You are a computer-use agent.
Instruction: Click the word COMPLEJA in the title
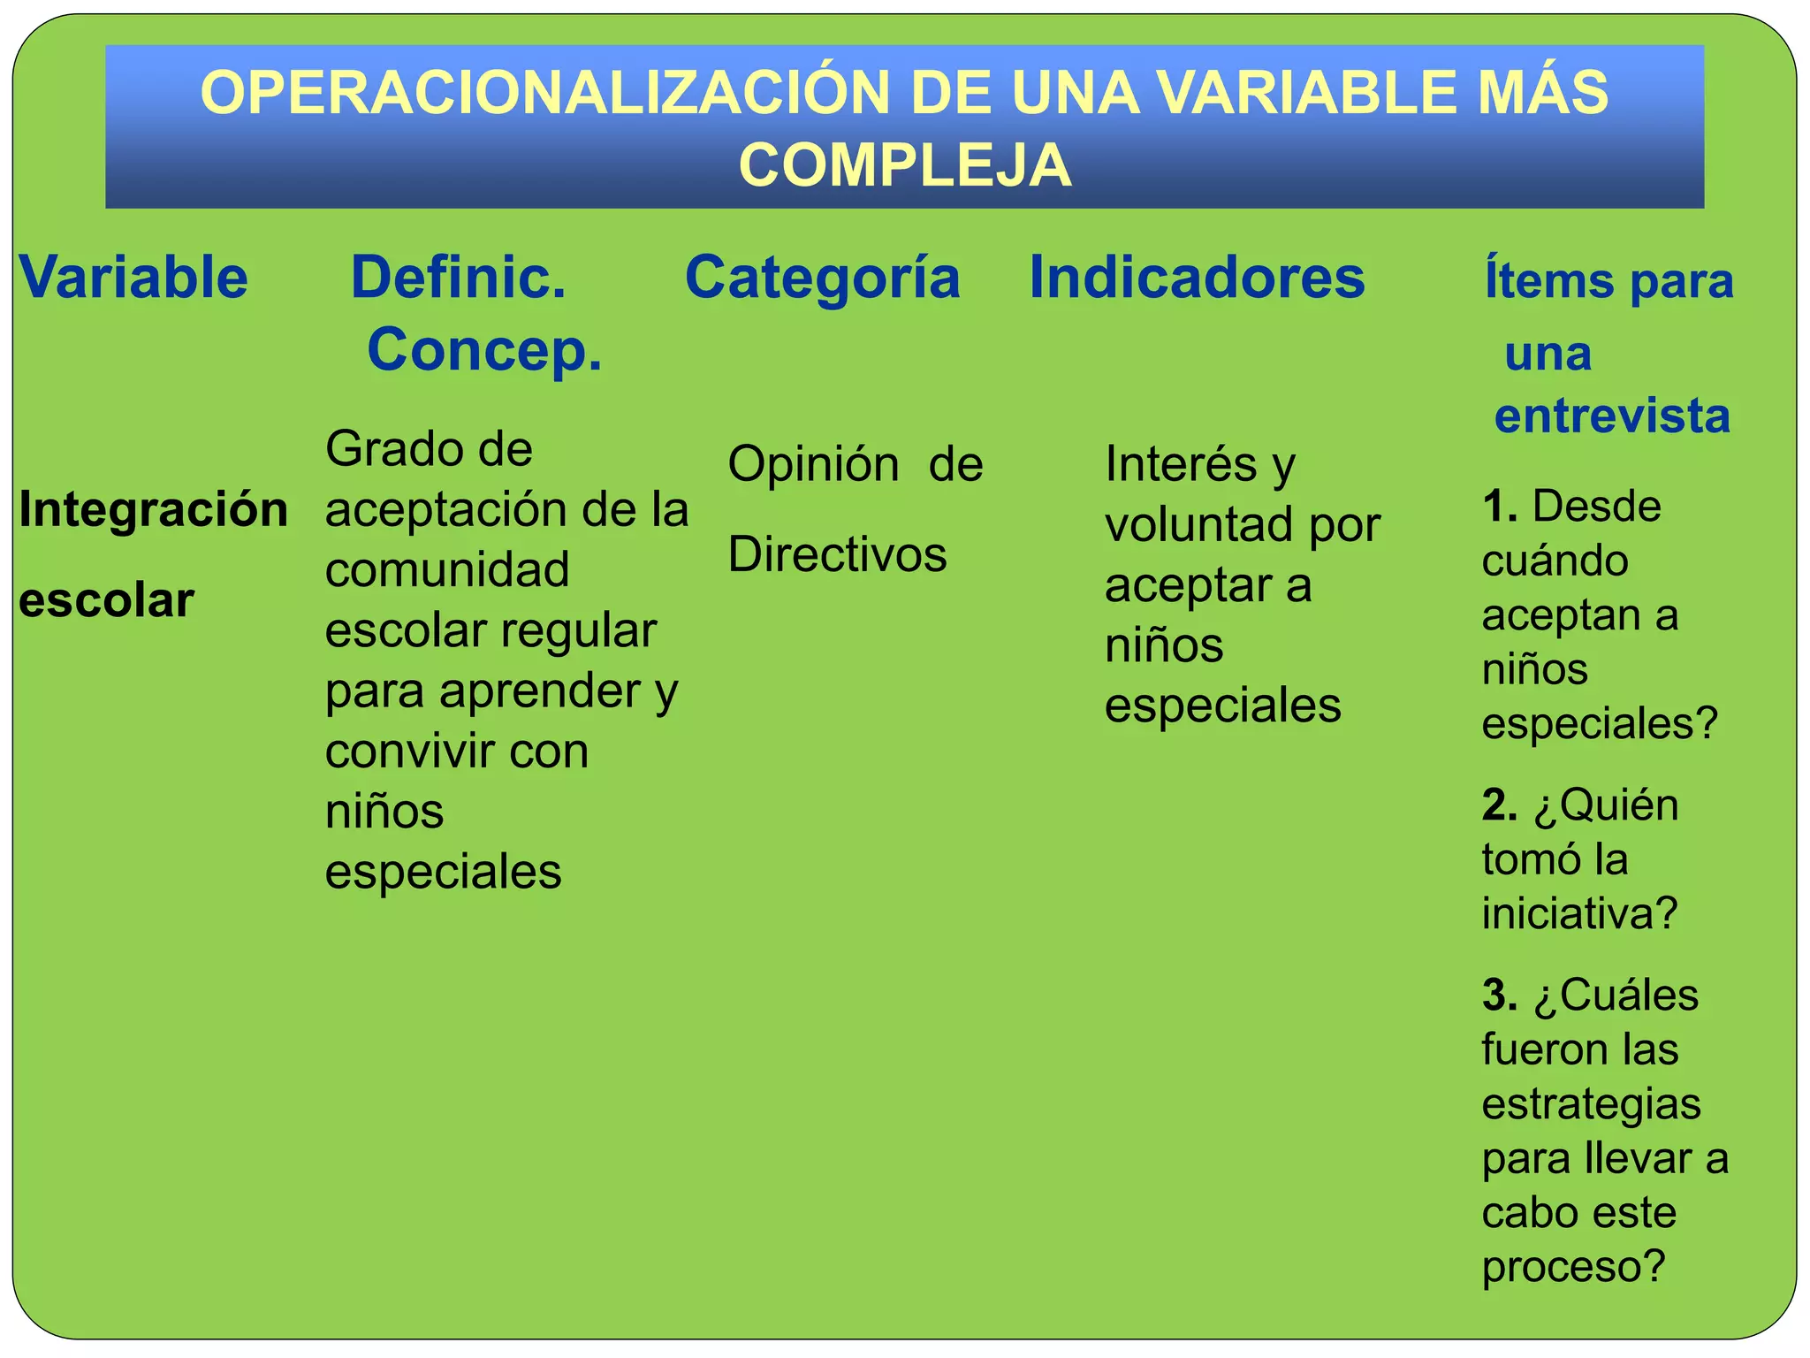(x=905, y=165)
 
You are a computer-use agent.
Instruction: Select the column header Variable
(x=133, y=278)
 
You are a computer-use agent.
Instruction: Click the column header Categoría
(x=822, y=278)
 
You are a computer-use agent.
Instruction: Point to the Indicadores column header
(x=1197, y=278)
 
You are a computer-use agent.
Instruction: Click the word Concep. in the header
(x=484, y=350)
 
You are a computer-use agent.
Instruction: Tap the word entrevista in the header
(x=1612, y=416)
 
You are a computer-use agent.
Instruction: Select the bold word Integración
(x=154, y=510)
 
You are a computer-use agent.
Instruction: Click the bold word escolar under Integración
(x=106, y=601)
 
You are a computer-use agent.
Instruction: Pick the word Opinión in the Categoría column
(x=813, y=465)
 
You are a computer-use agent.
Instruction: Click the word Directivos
(x=837, y=555)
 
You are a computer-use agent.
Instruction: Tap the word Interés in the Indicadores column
(x=1181, y=465)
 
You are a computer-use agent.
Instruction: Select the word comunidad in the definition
(x=447, y=570)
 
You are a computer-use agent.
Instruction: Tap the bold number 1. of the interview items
(x=1500, y=507)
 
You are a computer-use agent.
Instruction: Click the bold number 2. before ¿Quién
(x=1500, y=805)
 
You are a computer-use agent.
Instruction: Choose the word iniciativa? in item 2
(x=1579, y=914)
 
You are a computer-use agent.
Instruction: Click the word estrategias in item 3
(x=1591, y=1105)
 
